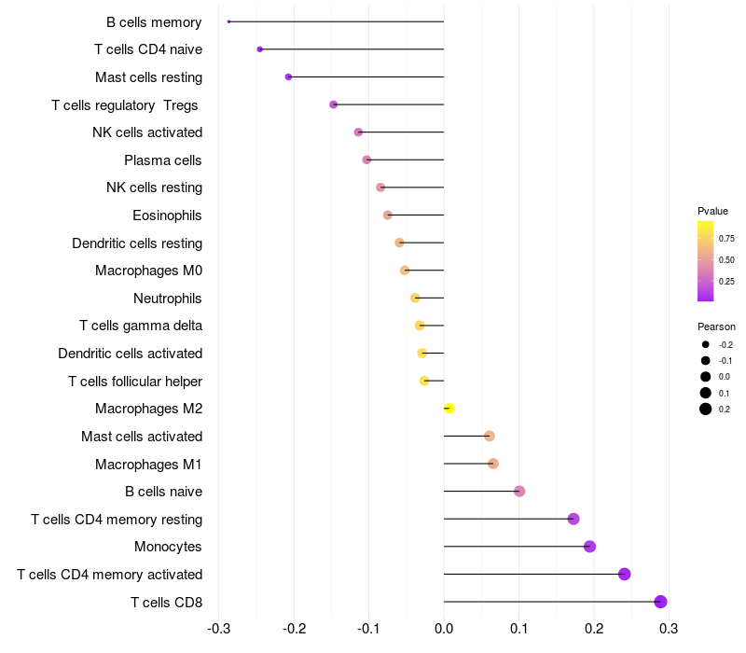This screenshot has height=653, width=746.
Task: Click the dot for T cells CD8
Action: [661, 602]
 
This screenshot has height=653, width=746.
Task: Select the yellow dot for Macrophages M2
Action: [449, 409]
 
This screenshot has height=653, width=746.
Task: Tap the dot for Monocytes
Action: [589, 547]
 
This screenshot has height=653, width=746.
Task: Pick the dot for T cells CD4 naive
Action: [260, 49]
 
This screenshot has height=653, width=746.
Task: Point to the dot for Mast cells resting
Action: [288, 76]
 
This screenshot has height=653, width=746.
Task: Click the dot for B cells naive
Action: [519, 492]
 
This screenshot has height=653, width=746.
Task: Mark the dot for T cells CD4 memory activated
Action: [625, 574]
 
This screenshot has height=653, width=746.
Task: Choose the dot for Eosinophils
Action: [388, 215]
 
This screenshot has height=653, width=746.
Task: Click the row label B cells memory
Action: [154, 21]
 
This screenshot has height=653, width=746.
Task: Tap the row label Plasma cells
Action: [163, 160]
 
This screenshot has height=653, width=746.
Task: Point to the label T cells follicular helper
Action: [135, 381]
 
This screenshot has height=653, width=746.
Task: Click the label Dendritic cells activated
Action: [130, 354]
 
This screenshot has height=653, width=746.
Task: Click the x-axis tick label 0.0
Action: [444, 629]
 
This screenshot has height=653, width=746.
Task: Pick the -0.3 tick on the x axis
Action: [218, 629]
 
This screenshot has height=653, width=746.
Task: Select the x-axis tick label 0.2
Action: [594, 629]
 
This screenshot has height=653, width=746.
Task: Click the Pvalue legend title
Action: [712, 211]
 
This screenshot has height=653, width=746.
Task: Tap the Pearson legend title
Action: [716, 327]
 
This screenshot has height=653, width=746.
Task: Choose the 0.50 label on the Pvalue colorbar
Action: [726, 259]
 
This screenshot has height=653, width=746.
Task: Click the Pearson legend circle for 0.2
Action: [706, 409]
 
